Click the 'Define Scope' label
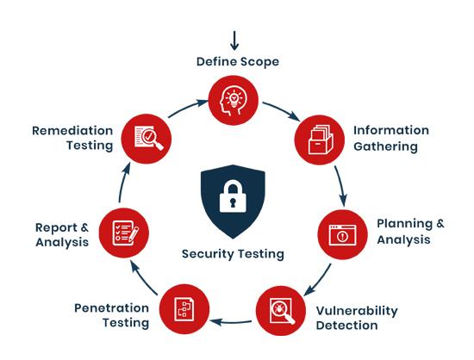[238, 62]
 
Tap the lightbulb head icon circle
[234, 100]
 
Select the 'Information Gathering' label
[391, 139]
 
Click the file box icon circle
[320, 140]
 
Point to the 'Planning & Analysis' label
[410, 232]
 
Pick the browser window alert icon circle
[342, 234]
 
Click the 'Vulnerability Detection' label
[357, 318]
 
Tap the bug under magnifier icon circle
[281, 311]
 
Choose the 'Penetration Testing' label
[111, 315]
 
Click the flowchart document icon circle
[184, 309]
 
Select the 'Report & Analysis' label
[62, 234]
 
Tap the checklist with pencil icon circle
[124, 233]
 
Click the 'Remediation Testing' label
[72, 138]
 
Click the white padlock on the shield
[233, 196]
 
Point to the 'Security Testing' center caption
[233, 254]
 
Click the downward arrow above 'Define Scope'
[234, 40]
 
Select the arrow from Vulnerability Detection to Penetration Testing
[231, 322]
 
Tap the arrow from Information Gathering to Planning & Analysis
[341, 186]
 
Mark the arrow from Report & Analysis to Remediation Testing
[123, 183]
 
